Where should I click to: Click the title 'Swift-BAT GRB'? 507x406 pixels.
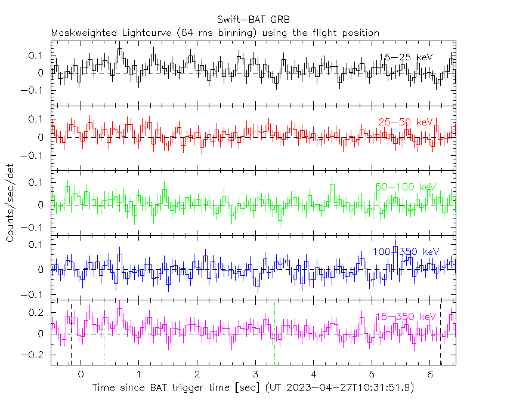point(253,19)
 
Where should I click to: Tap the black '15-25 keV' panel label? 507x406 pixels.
point(406,57)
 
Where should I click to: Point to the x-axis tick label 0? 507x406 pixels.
point(81,374)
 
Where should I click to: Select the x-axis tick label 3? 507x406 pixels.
point(255,374)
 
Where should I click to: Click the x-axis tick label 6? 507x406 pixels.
point(430,374)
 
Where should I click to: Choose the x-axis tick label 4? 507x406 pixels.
point(314,374)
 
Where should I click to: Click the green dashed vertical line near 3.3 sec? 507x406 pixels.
point(274,334)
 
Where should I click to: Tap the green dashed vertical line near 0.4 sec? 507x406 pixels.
point(104,334)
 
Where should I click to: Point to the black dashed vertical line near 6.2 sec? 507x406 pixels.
point(441,334)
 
